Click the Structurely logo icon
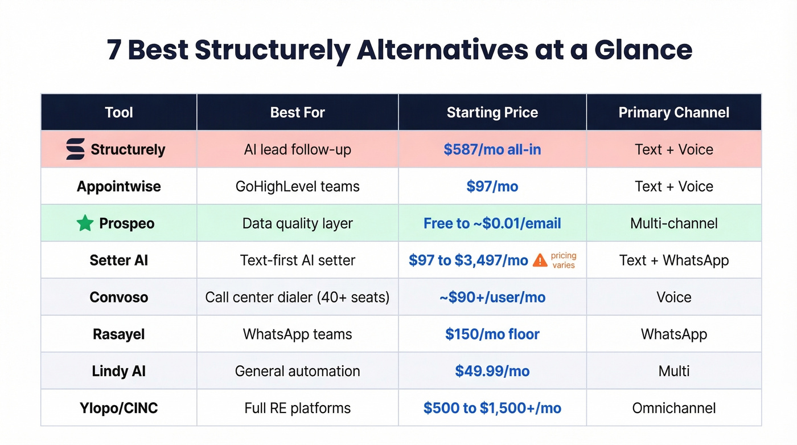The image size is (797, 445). (75, 149)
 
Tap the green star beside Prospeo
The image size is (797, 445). (85, 223)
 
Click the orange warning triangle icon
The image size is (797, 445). (540, 260)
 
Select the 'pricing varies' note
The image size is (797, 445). (563, 260)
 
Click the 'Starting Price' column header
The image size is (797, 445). (492, 112)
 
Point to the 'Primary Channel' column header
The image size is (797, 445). (673, 112)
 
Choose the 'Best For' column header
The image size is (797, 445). (297, 112)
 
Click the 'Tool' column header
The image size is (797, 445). (118, 112)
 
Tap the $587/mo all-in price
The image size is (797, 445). (492, 149)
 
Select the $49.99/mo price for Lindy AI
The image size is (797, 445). (492, 371)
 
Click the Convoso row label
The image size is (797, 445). (118, 297)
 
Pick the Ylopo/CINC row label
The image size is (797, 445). (118, 408)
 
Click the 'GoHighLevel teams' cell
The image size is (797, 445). (297, 186)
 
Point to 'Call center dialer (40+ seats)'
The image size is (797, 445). (297, 297)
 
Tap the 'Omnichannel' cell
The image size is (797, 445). (673, 408)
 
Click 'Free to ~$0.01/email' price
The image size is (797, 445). (492, 223)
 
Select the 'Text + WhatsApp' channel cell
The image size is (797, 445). (673, 260)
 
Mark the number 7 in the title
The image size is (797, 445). (114, 50)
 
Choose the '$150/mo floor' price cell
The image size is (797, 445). (492, 334)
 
